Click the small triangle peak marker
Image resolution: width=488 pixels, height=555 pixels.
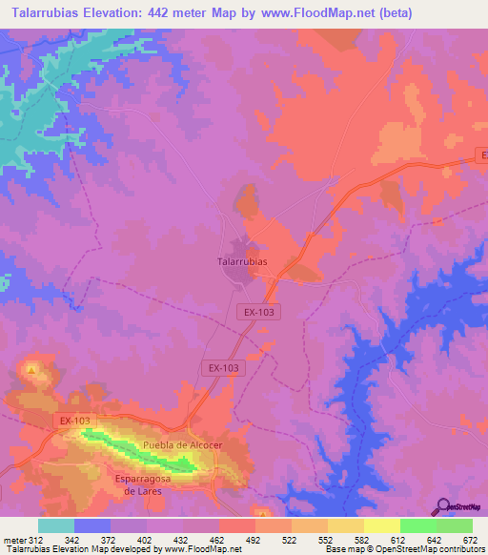tap(32, 368)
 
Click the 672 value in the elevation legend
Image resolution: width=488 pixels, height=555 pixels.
tap(472, 540)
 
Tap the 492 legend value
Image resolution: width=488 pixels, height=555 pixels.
tap(254, 540)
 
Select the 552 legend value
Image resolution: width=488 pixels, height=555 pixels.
tap(327, 540)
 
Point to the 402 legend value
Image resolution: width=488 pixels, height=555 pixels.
tap(146, 540)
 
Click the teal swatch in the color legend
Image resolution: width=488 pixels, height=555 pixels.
tap(55, 525)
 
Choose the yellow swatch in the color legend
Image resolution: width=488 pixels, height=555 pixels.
tap(381, 525)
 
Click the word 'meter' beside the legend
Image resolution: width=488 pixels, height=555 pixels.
tap(13, 540)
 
